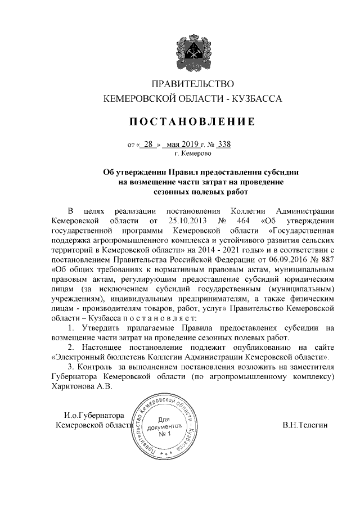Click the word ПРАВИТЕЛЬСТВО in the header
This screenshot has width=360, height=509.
[x=192, y=84]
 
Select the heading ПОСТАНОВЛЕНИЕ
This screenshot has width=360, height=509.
[x=192, y=121]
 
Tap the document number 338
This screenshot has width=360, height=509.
[x=223, y=143]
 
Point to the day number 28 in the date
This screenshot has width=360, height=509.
[x=148, y=143]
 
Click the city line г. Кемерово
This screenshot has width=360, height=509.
[x=192, y=152]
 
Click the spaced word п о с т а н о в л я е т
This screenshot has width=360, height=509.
[x=129, y=318]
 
